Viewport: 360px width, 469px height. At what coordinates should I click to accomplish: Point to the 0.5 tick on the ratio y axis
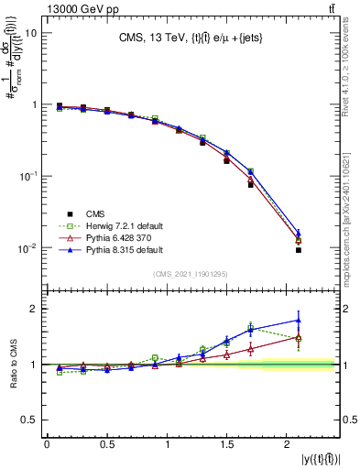(30, 420)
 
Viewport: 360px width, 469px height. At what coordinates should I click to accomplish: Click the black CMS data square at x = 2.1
(299, 249)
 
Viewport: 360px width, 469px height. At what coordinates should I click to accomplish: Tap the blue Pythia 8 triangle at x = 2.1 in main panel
(299, 233)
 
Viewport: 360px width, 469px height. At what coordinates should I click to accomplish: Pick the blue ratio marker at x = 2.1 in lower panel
(299, 321)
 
